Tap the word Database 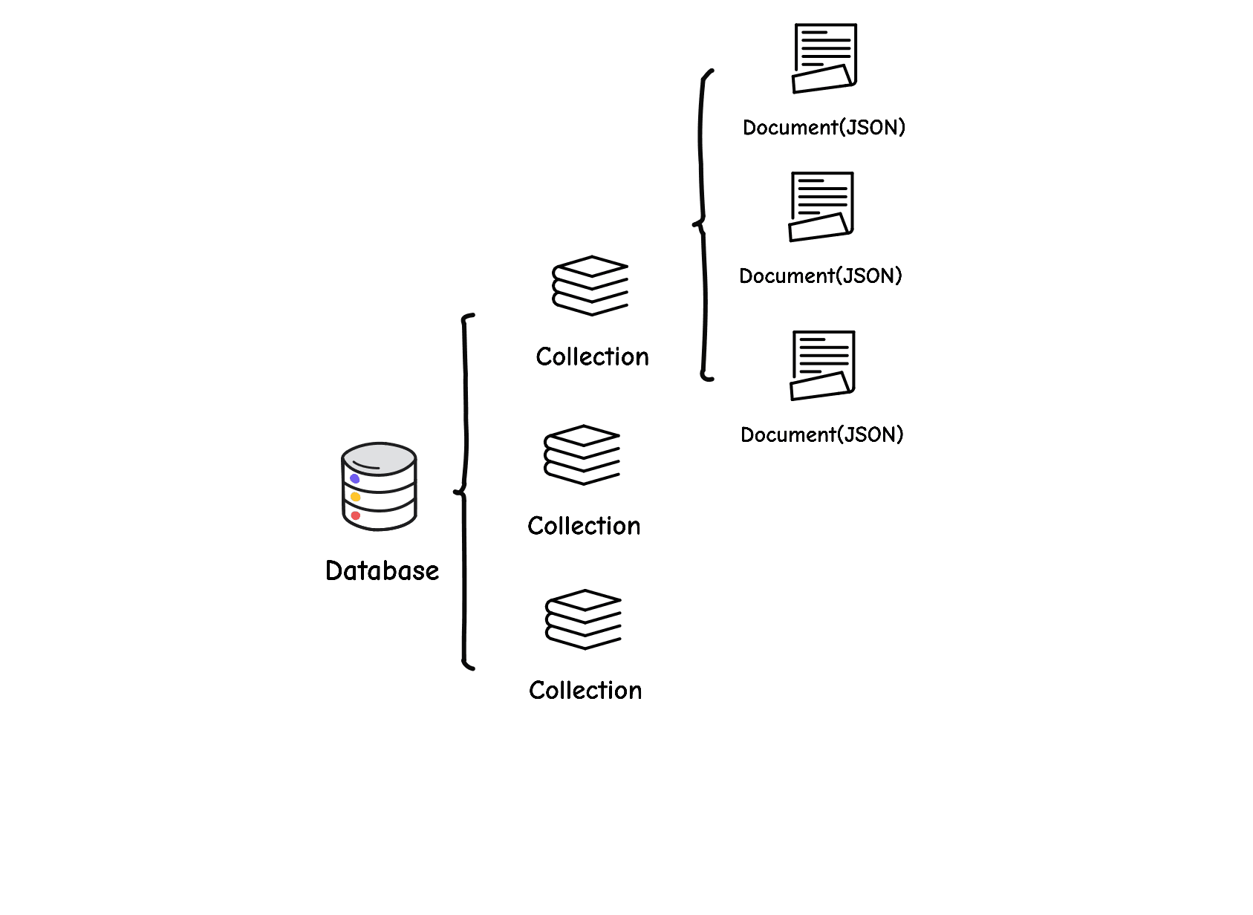tap(382, 570)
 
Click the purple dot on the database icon tap(355, 479)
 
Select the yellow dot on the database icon tap(356, 497)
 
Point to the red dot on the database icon tap(356, 515)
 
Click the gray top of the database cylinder tap(379, 457)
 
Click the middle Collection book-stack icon tap(582, 455)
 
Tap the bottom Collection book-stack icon tap(584, 619)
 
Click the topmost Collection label tap(592, 356)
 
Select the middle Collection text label tap(584, 526)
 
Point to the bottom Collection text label tap(585, 690)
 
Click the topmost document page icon tap(824, 58)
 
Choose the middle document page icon tap(821, 206)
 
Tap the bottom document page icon tap(822, 365)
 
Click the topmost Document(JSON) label tap(824, 128)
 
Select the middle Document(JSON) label tap(820, 276)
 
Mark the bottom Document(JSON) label tap(821, 434)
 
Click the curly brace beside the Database tap(465, 492)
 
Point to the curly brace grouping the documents tap(703, 223)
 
